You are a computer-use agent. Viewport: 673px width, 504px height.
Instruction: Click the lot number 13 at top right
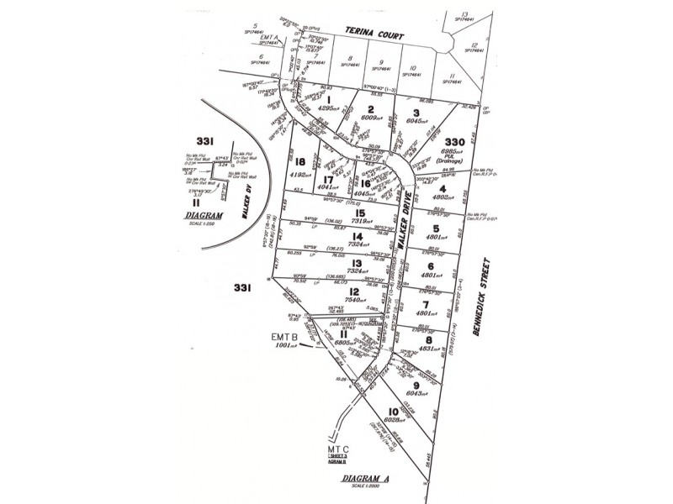pyautogui.click(x=464, y=14)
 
